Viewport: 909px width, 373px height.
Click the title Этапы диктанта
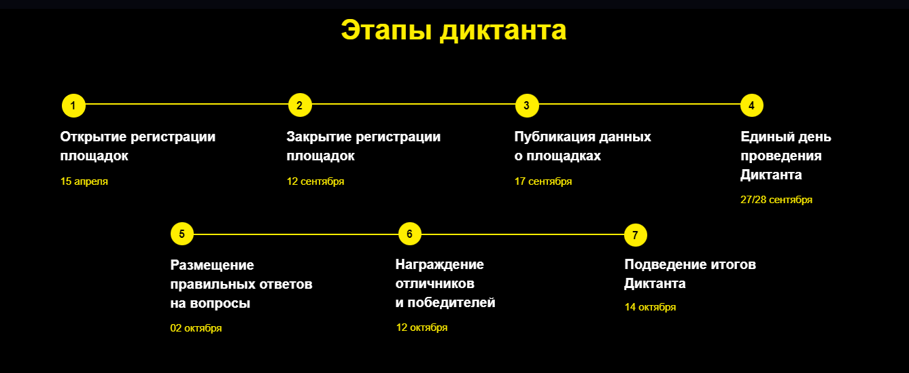click(453, 31)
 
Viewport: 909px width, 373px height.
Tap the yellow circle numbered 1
click(73, 105)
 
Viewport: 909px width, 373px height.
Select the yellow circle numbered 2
click(300, 105)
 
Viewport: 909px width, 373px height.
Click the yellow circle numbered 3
click(527, 105)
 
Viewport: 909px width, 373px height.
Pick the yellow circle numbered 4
click(751, 105)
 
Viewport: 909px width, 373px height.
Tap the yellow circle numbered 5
click(182, 234)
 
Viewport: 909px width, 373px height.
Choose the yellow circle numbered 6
click(409, 234)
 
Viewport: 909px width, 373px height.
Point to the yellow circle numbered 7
click(635, 235)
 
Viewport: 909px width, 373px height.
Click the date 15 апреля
click(84, 181)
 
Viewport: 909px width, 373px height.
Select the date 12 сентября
click(315, 181)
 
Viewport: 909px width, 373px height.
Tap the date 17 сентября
click(543, 181)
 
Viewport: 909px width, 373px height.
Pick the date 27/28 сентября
click(776, 200)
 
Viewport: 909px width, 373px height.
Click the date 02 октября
click(196, 328)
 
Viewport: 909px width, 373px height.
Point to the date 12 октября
click(422, 327)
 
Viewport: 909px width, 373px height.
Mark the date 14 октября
click(650, 307)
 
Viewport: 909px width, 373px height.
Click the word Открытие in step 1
click(93, 137)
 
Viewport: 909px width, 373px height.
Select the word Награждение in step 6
click(439, 265)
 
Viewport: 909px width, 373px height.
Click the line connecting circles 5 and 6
click(296, 234)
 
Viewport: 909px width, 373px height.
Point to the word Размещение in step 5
click(212, 266)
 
